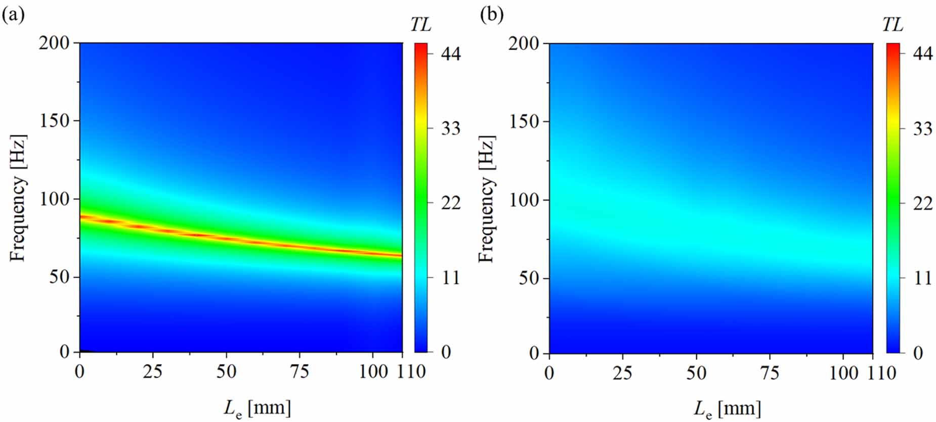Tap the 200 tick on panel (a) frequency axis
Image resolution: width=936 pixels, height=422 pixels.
pos(54,43)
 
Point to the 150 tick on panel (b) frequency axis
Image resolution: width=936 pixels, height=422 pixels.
pos(524,121)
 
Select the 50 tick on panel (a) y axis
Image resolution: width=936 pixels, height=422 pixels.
pos(59,277)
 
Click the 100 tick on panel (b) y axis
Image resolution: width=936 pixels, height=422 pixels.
pos(524,200)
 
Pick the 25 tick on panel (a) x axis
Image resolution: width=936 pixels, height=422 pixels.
pos(152,372)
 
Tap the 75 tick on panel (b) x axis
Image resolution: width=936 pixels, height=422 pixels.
pos(769,373)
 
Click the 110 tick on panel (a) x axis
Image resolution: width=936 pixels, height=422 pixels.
pos(411,372)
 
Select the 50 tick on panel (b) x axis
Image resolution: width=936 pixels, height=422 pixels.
pos(696,373)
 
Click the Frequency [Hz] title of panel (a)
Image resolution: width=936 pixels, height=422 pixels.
pos(18,198)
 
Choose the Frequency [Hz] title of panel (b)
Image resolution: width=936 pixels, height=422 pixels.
pos(487,199)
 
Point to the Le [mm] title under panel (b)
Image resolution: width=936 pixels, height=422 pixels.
pos(727,408)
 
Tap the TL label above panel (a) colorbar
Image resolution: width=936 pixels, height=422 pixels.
pos(420,24)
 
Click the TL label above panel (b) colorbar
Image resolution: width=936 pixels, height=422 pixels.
pos(892,24)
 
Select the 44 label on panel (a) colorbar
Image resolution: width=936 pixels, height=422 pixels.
pos(450,54)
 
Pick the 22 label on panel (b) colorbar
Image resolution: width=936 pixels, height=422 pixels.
pos(922,203)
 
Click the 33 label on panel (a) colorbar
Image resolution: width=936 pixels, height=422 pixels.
pos(450,128)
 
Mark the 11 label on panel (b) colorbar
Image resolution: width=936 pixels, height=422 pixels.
pos(922,277)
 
